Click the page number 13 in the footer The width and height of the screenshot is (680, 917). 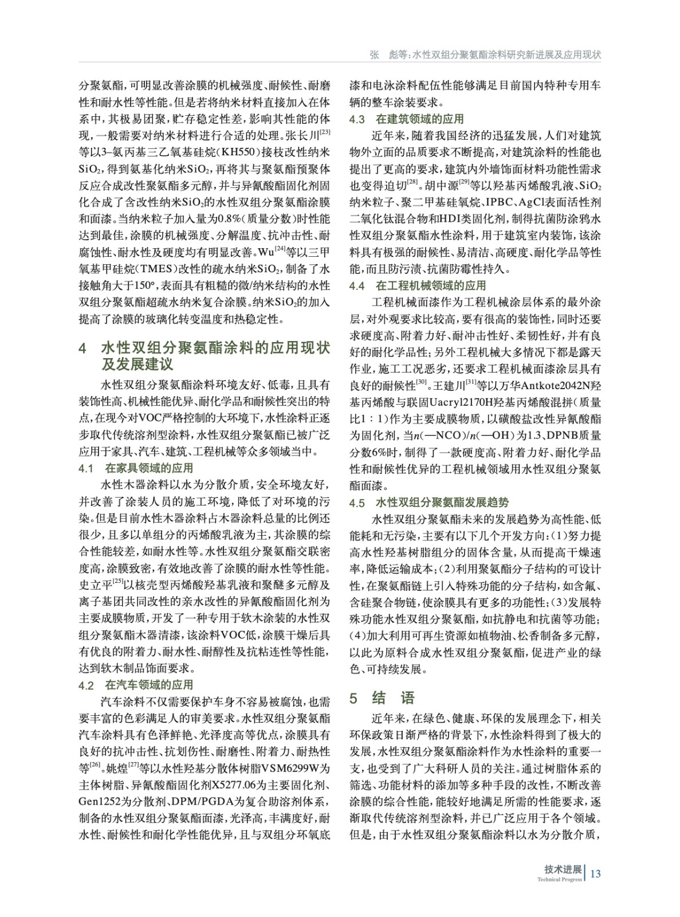(595, 873)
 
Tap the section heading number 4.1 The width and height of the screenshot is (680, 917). (86, 468)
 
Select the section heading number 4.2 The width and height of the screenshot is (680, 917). (86, 685)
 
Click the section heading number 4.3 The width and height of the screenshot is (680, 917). (357, 119)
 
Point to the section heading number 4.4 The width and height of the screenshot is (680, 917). (357, 285)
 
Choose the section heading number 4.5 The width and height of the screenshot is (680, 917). (357, 503)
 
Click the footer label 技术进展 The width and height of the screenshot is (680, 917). (563, 869)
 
